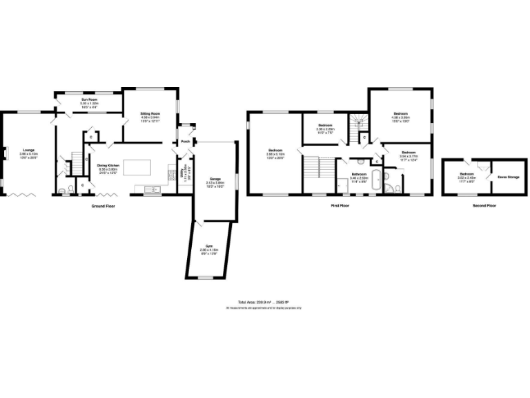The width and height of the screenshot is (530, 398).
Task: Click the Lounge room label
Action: click(x=28, y=150)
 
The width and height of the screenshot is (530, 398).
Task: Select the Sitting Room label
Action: click(x=150, y=113)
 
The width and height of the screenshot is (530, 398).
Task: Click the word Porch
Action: click(x=185, y=142)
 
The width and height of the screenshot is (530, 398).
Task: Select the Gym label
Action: click(x=208, y=245)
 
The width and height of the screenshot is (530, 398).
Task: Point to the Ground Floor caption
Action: click(x=104, y=206)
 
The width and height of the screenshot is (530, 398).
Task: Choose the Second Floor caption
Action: click(x=484, y=206)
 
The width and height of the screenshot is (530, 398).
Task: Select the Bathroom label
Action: click(x=358, y=174)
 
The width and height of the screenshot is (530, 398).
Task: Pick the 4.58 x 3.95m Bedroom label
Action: click(x=401, y=113)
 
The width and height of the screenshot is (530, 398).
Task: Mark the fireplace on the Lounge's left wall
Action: click(x=5, y=153)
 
